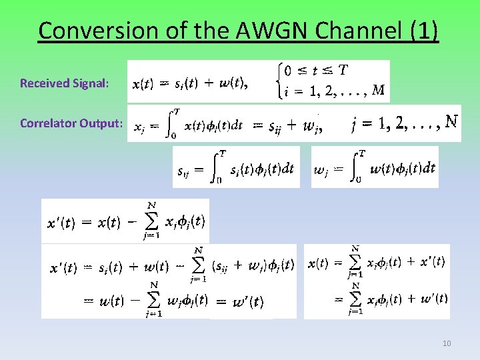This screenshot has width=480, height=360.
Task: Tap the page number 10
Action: point(447,343)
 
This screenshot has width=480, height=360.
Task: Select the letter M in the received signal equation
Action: point(378,91)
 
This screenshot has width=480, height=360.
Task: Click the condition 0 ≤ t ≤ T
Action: point(315,70)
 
